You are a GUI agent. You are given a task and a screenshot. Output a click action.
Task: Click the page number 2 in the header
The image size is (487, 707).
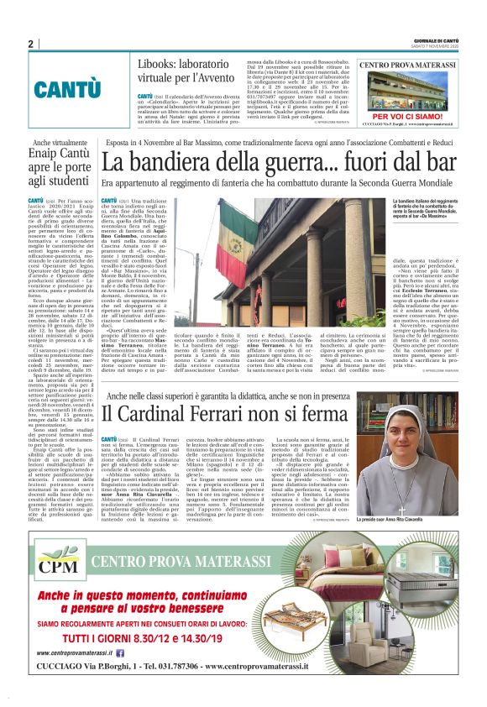tap(30, 45)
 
